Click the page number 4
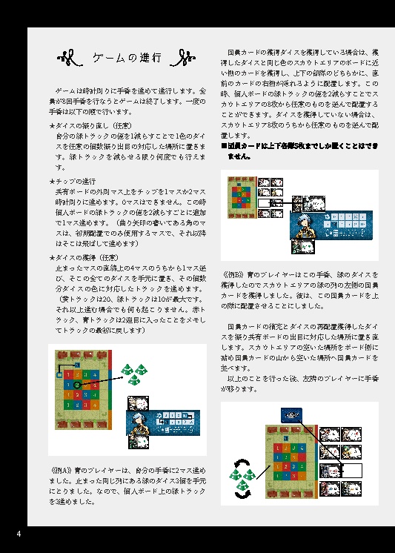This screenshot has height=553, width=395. tap(19, 534)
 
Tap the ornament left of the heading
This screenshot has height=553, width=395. tap(72, 58)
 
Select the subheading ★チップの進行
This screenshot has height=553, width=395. tap(73, 182)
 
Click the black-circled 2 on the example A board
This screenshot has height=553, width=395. tap(76, 385)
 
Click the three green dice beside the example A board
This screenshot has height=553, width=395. tap(133, 374)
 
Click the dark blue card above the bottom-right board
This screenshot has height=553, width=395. tap(291, 416)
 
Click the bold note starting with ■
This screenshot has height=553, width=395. tap(300, 151)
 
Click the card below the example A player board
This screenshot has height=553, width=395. tap(137, 442)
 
